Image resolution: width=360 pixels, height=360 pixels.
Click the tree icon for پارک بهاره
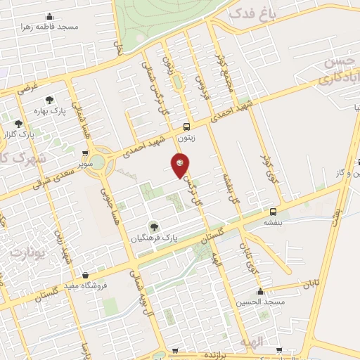(49, 101)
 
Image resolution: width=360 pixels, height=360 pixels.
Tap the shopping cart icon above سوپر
(86, 150)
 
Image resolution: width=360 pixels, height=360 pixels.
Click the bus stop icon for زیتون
(186, 127)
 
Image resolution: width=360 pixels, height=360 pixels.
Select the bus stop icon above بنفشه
(273, 212)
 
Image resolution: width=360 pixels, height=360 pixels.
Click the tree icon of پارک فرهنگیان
(155, 226)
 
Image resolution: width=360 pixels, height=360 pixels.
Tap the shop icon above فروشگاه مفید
(85, 274)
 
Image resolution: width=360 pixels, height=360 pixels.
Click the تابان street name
(310, 285)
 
